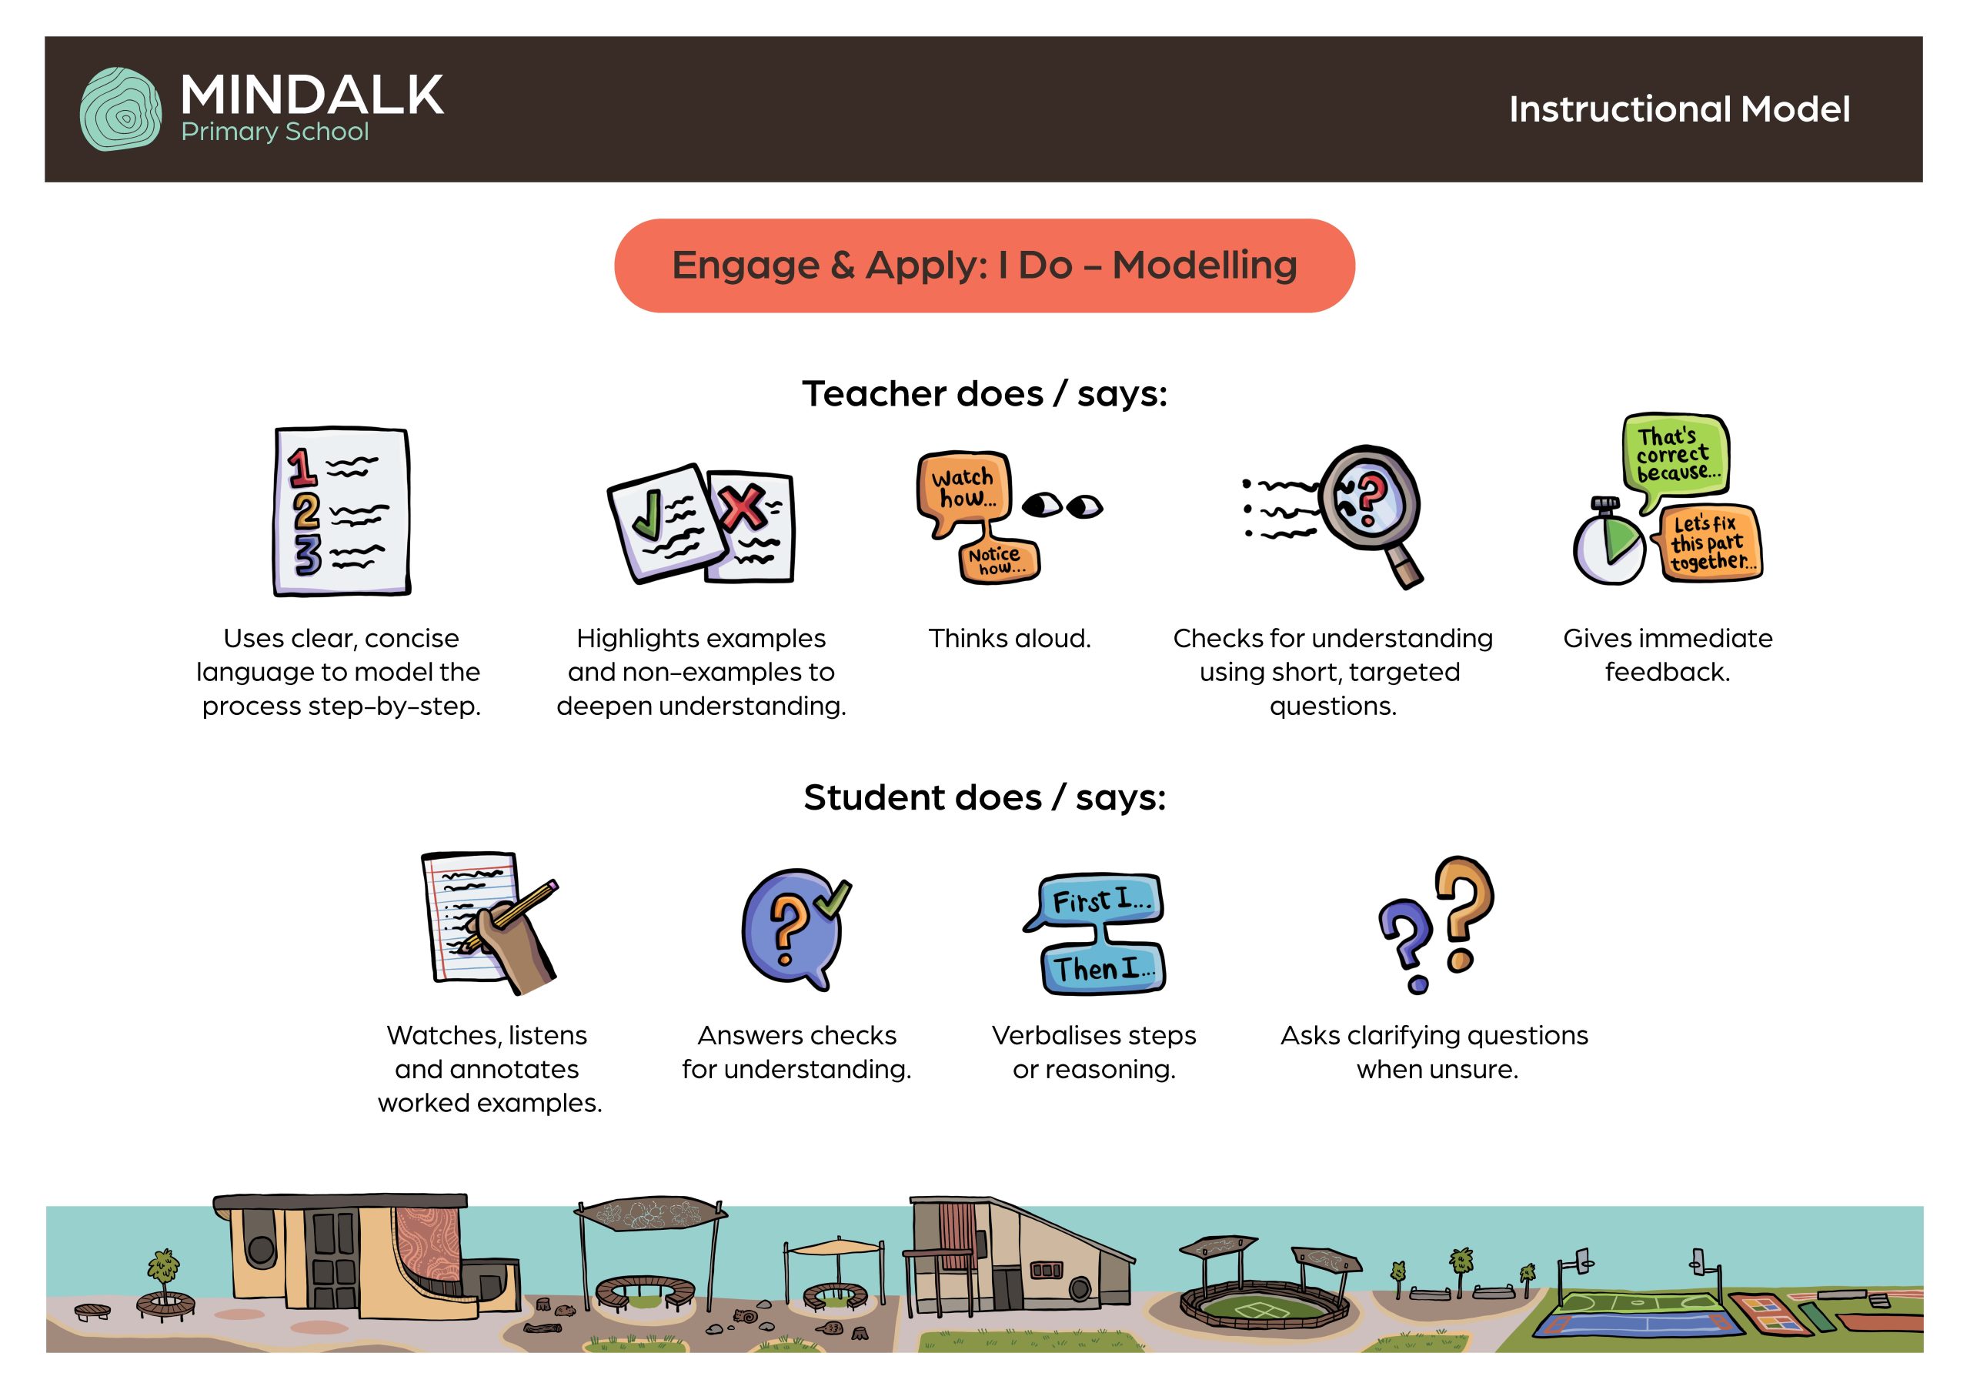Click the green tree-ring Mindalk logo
pyautogui.click(x=120, y=109)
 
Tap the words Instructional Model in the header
pyautogui.click(x=1679, y=109)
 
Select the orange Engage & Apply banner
pyautogui.click(x=984, y=266)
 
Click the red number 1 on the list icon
pyautogui.click(x=301, y=468)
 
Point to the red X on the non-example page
pyautogui.click(x=743, y=507)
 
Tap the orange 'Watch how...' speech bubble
pyautogui.click(x=963, y=493)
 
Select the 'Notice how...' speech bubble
pyautogui.click(x=998, y=560)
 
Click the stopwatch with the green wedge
pyautogui.click(x=1609, y=543)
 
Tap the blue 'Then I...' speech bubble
pyautogui.click(x=1104, y=968)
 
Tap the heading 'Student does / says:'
pyautogui.click(x=985, y=797)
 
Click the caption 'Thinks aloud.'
pyautogui.click(x=1009, y=639)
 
